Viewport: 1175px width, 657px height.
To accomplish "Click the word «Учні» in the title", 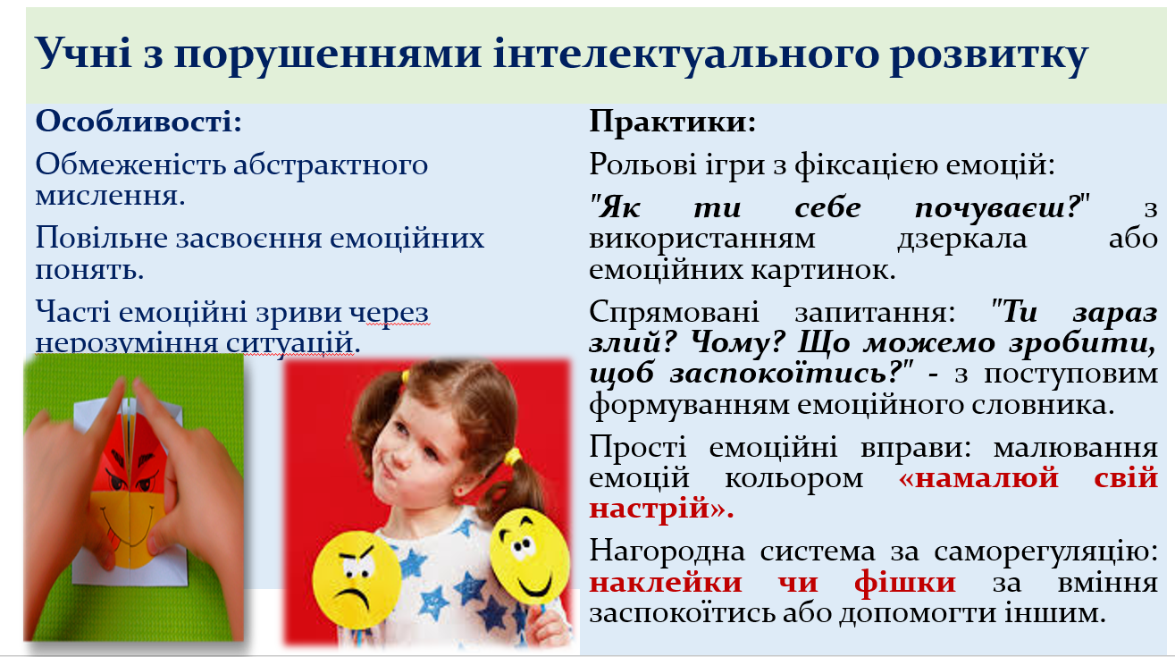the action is click(83, 54).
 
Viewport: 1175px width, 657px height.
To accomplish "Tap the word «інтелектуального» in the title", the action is click(686, 54).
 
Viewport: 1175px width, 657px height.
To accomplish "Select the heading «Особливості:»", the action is click(138, 121).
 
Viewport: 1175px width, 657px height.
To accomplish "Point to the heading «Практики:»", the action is click(673, 122).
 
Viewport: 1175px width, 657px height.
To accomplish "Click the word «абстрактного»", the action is click(331, 164).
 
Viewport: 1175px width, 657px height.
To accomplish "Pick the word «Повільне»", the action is click(102, 238).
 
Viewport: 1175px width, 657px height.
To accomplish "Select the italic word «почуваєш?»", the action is click(998, 207).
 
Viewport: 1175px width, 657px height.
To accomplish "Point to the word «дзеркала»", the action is click(961, 239).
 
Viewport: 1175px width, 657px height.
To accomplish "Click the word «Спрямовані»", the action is click(674, 312).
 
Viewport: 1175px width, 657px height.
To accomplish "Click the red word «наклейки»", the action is click(666, 583).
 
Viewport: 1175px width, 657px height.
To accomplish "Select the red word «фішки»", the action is click(905, 583).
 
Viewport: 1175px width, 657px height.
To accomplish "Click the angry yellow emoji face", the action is click(356, 579).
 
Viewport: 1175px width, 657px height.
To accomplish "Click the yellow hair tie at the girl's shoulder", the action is click(513, 457).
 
